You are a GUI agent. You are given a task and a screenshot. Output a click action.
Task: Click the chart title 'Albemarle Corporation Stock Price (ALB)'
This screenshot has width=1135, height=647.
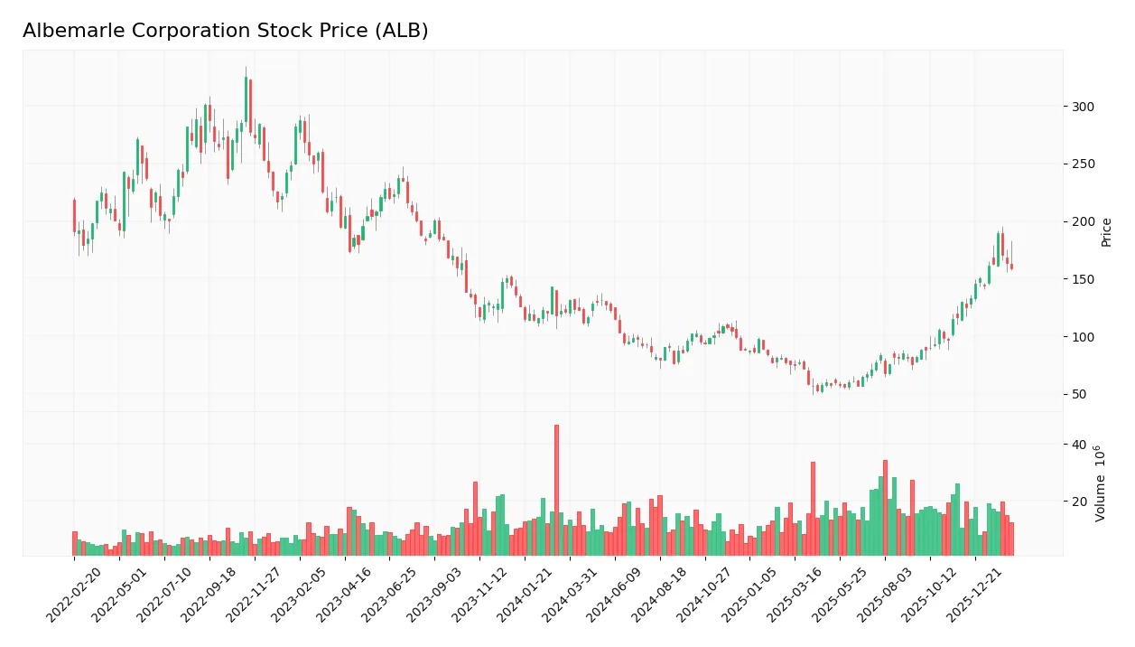(225, 31)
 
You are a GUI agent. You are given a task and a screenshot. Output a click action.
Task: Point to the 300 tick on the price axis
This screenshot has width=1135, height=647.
(1082, 107)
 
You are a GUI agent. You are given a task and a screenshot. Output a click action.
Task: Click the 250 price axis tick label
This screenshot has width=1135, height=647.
(1082, 164)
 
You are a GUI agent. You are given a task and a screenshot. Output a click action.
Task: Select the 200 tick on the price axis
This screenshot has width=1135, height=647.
(1082, 221)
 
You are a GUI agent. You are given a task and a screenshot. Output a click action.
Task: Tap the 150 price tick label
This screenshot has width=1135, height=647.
(1082, 279)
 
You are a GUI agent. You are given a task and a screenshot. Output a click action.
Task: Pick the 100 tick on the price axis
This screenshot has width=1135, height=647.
(1082, 337)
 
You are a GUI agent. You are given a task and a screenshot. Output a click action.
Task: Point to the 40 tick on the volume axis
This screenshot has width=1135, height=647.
(1078, 445)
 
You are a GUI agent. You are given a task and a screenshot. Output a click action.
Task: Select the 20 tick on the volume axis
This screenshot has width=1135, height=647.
(1078, 501)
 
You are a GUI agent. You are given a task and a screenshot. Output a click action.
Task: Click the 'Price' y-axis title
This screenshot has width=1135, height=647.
(1107, 232)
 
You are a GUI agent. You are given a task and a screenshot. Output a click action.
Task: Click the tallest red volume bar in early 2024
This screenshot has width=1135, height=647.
(556, 490)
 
